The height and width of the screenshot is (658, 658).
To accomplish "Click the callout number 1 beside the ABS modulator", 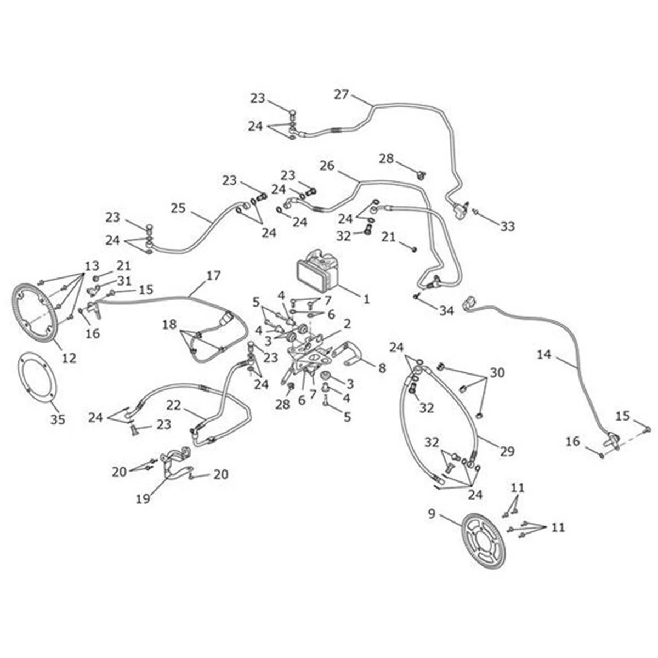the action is [x=366, y=299].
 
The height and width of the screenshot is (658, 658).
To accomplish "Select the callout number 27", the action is [x=341, y=94].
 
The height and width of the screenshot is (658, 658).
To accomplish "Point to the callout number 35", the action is [x=58, y=419].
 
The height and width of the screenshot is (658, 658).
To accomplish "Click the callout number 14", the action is [x=544, y=355].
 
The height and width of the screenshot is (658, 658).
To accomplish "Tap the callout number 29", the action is [x=507, y=451].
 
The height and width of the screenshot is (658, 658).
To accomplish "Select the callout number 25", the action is [x=178, y=208].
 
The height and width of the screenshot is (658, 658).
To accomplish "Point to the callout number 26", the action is [x=327, y=166].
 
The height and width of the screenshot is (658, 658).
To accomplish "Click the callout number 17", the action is [x=213, y=276].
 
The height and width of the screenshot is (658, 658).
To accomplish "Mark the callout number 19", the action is [x=143, y=499].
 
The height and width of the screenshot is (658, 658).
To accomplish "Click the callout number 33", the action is [x=507, y=226].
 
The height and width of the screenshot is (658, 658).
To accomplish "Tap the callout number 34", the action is [x=446, y=311].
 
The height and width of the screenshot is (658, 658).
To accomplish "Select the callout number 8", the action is [x=382, y=368].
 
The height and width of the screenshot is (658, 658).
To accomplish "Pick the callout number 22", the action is [x=174, y=405].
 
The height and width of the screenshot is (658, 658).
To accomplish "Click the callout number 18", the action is [x=169, y=325].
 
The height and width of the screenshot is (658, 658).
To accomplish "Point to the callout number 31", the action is [x=124, y=281].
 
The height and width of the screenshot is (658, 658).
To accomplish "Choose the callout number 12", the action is [x=69, y=358].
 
